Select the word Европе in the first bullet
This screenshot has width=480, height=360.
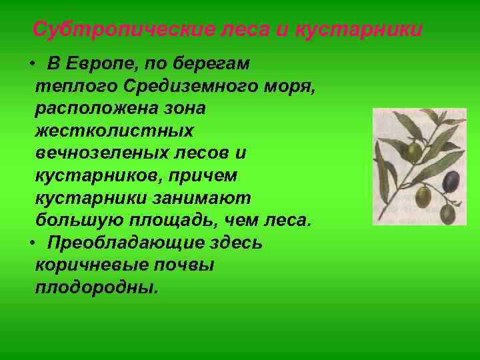95,64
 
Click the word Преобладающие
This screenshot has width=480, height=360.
121,243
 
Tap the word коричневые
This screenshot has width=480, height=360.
99,265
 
